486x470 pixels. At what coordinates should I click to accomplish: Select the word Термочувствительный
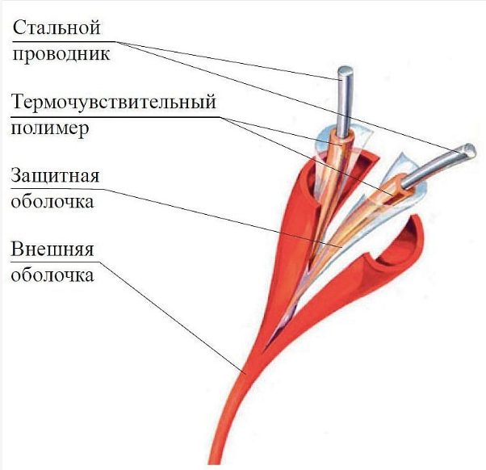[114, 103]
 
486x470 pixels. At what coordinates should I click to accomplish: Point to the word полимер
[48, 129]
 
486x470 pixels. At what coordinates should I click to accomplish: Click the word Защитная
[58, 175]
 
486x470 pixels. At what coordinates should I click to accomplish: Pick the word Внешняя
[53, 248]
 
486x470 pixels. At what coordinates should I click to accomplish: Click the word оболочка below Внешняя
[52, 275]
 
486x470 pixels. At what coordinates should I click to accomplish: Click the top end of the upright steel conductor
[345, 73]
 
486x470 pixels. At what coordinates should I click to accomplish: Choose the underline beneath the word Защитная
[58, 187]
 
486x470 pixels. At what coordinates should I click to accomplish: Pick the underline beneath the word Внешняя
[53, 260]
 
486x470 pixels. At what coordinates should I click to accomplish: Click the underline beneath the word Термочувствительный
[114, 115]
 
